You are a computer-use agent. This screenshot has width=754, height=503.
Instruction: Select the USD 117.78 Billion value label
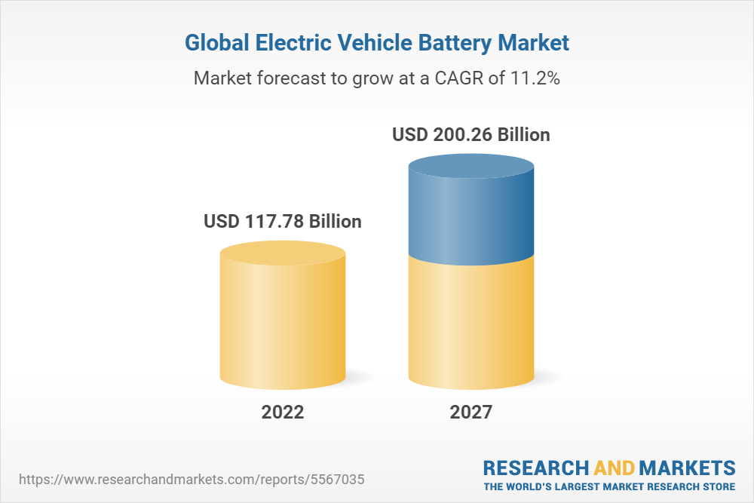[x=283, y=222]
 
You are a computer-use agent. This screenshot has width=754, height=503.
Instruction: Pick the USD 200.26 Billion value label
[x=471, y=135]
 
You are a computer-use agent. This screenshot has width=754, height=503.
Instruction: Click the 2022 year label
[x=283, y=412]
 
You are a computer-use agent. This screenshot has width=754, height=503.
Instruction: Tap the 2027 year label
[x=471, y=412]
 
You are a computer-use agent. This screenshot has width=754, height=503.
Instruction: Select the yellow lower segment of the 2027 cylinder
[x=471, y=324]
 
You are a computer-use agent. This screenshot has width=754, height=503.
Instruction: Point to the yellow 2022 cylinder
[x=283, y=324]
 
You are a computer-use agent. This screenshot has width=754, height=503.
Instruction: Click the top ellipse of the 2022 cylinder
[x=283, y=253]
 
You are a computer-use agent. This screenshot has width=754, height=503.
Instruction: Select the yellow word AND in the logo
[x=616, y=468]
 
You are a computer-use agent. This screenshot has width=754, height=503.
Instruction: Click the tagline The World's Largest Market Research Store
[x=609, y=486]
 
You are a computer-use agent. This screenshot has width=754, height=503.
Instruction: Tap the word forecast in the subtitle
[x=289, y=78]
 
